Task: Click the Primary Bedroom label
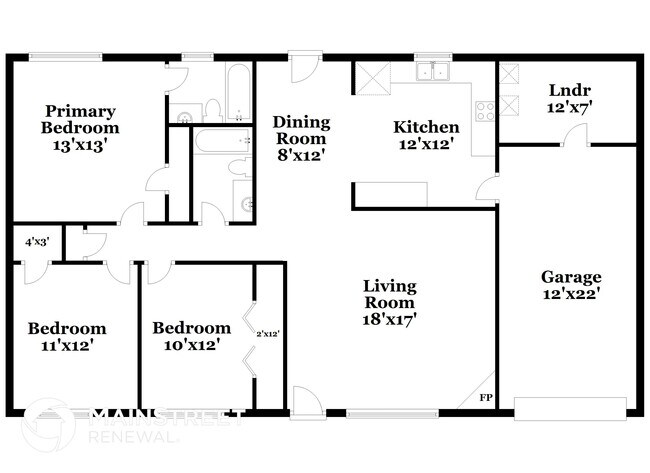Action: (x=79, y=119)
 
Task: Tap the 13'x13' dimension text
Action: (x=79, y=144)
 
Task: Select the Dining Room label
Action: (x=301, y=130)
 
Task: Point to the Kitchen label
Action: (x=426, y=127)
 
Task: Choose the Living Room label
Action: (x=389, y=293)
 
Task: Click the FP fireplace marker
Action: (x=486, y=399)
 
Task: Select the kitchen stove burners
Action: (x=487, y=111)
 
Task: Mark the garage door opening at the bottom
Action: (x=569, y=407)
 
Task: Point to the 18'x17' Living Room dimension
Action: (x=389, y=319)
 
